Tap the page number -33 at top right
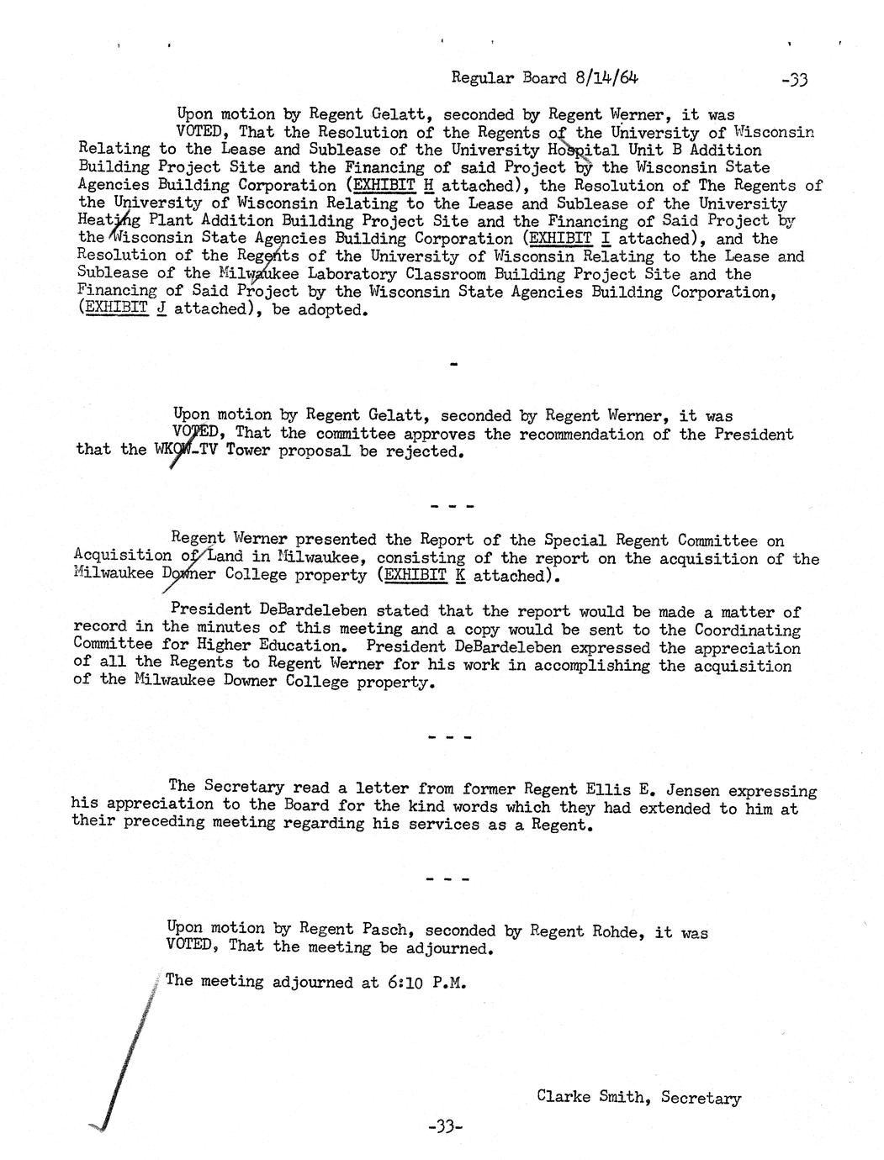(793, 80)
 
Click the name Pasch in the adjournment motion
(385, 930)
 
